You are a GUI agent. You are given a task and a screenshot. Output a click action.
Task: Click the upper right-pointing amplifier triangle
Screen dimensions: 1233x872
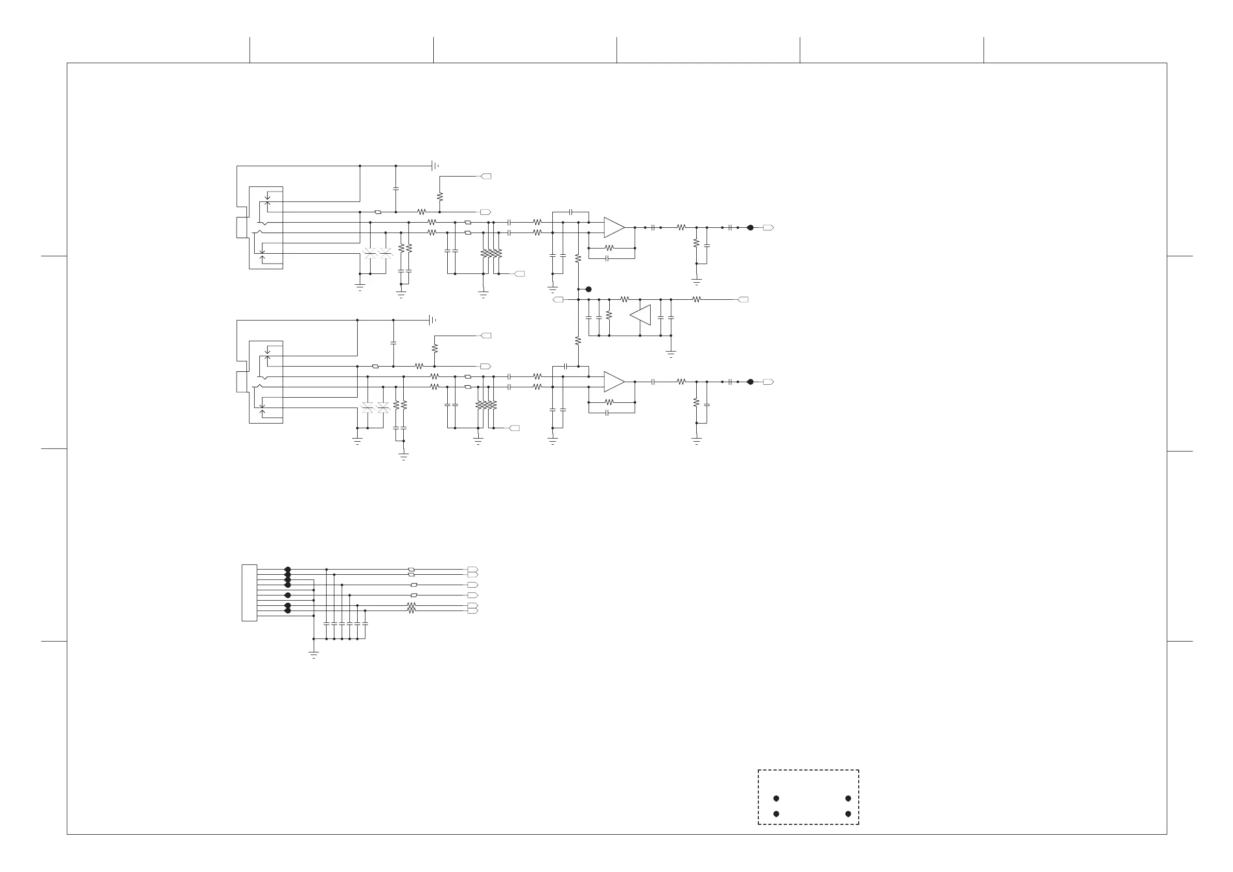pos(613,227)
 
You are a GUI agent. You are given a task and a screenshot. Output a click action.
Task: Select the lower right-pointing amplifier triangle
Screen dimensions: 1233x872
pos(613,382)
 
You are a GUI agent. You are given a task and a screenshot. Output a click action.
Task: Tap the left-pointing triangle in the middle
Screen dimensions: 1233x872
pos(641,315)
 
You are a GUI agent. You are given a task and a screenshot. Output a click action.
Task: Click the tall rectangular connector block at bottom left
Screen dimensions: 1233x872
pos(249,592)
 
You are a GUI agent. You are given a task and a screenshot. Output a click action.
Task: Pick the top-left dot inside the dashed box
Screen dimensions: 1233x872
pos(776,798)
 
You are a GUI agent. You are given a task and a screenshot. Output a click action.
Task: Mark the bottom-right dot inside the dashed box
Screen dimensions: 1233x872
pos(848,814)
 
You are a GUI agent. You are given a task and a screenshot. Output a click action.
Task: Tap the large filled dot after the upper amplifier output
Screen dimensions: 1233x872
pos(750,227)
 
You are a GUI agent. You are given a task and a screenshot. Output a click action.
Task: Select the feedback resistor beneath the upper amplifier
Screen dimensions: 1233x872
pos(609,248)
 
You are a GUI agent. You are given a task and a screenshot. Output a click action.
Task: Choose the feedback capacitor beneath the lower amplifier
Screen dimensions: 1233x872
pos(607,413)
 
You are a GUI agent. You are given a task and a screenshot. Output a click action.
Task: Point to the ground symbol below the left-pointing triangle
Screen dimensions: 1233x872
pos(671,354)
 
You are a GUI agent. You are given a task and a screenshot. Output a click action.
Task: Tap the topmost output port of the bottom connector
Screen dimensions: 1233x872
pos(473,569)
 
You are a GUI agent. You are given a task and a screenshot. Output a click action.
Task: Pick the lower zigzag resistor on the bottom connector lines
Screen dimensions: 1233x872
pos(412,611)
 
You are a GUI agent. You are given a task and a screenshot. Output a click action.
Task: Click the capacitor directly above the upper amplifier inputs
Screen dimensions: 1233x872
pos(571,212)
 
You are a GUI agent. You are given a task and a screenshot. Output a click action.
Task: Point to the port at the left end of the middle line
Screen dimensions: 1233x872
pos(558,299)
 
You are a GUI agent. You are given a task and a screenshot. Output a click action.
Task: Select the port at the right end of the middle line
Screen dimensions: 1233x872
pos(743,299)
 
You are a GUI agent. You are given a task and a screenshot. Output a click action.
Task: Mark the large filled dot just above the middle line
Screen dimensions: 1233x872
pos(589,289)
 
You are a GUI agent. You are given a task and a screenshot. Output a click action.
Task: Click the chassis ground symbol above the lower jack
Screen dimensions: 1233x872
pos(432,320)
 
